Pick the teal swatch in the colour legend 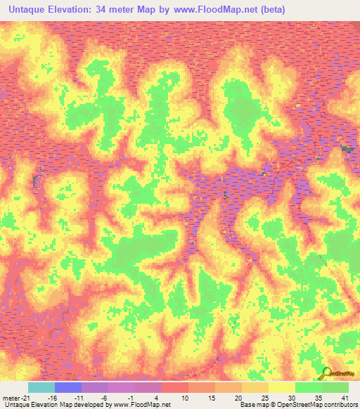click(41, 387)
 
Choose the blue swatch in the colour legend click(68, 387)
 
